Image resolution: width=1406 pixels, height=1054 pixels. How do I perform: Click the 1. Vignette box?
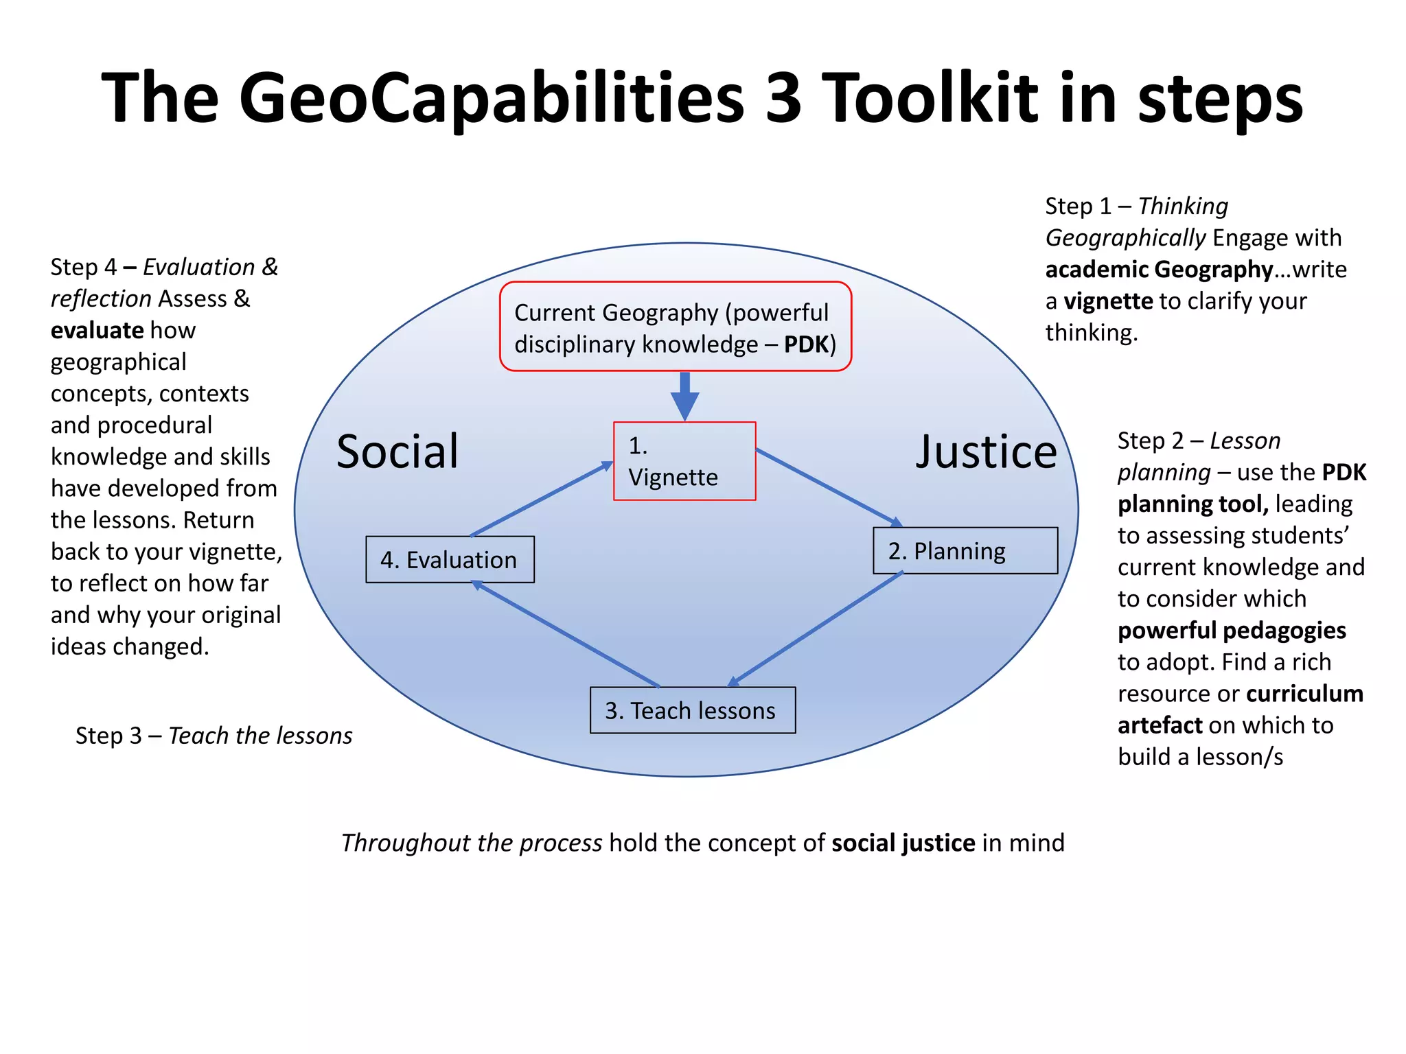tap(684, 461)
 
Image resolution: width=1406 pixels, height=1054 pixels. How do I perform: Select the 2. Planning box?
tap(965, 550)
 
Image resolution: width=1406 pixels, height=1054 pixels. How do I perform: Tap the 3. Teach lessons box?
tap(692, 710)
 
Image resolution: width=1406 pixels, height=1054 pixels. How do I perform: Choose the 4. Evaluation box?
tap(450, 559)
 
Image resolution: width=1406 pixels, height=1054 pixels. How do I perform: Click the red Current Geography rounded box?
tap(675, 327)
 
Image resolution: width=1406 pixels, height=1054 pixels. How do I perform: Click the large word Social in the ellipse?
tap(397, 452)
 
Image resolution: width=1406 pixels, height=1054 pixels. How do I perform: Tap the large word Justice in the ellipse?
tap(986, 452)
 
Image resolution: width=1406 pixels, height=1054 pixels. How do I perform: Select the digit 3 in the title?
tap(783, 98)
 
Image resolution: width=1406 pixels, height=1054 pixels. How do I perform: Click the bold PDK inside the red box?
tap(806, 344)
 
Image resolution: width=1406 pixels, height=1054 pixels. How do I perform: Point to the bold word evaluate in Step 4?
tap(97, 330)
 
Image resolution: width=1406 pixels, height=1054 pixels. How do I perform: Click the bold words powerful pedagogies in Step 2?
tap(1232, 630)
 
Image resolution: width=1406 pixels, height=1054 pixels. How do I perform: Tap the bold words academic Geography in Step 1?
tap(1159, 269)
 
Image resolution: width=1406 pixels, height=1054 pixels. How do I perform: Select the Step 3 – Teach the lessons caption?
tap(214, 736)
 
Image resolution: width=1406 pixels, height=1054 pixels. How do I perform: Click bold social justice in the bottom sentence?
tap(903, 843)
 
